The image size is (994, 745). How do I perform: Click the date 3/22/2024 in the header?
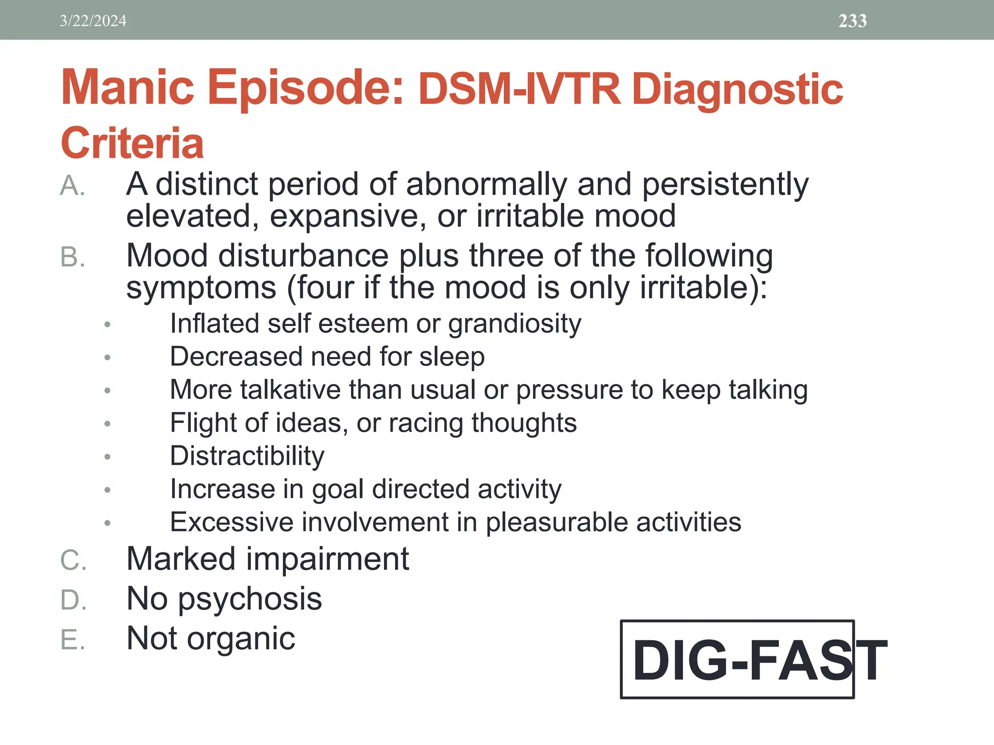point(93,21)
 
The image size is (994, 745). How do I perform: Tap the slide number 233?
point(852,21)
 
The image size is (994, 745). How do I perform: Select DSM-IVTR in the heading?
point(519,89)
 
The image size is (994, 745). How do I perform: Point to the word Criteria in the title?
point(132,143)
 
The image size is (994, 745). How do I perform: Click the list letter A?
point(72,186)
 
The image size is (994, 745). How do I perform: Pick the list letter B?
point(72,257)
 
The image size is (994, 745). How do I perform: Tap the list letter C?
point(73,560)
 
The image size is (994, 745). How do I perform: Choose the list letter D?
point(73,600)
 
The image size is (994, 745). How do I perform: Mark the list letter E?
point(72,640)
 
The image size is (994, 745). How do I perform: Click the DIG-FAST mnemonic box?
point(737,660)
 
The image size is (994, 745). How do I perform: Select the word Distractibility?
point(247,456)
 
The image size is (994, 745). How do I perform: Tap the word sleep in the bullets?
point(451,357)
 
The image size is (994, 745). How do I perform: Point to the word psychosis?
point(250,599)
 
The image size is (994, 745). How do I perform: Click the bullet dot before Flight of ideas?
point(107,424)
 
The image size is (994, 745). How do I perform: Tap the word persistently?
point(725,185)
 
